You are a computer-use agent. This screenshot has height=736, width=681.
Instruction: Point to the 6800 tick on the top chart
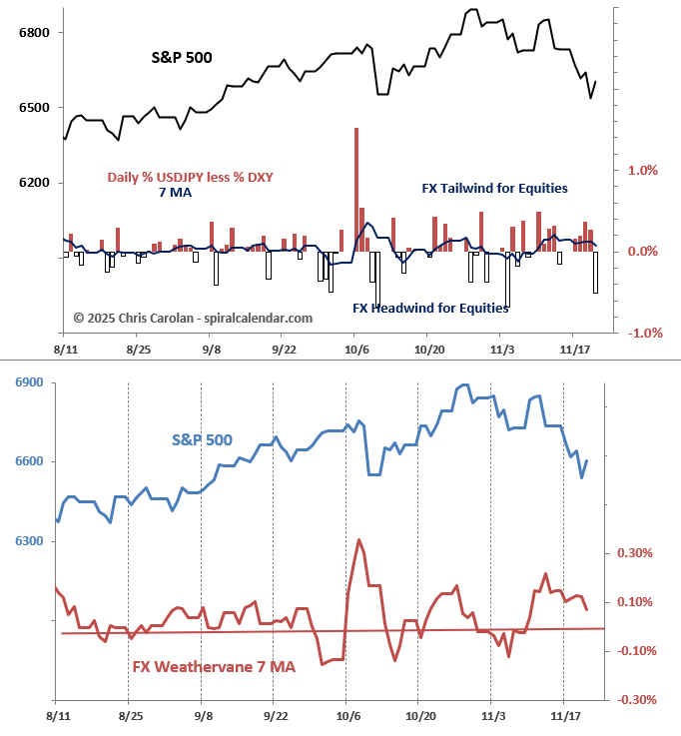coord(34,33)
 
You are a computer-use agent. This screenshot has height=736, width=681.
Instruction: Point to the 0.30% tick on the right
coord(635,553)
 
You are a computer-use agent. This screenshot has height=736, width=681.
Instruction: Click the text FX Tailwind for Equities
coord(495,188)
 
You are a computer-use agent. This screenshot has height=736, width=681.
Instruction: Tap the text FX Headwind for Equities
coord(431,309)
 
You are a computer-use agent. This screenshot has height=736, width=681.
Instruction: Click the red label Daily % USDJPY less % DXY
coord(191,178)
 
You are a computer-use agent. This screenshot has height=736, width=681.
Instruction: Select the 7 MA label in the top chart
coord(176,192)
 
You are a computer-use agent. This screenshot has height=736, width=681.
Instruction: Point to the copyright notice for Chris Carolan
coord(193,318)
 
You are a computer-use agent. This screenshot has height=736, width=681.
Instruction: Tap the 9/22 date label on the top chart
coord(284,350)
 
